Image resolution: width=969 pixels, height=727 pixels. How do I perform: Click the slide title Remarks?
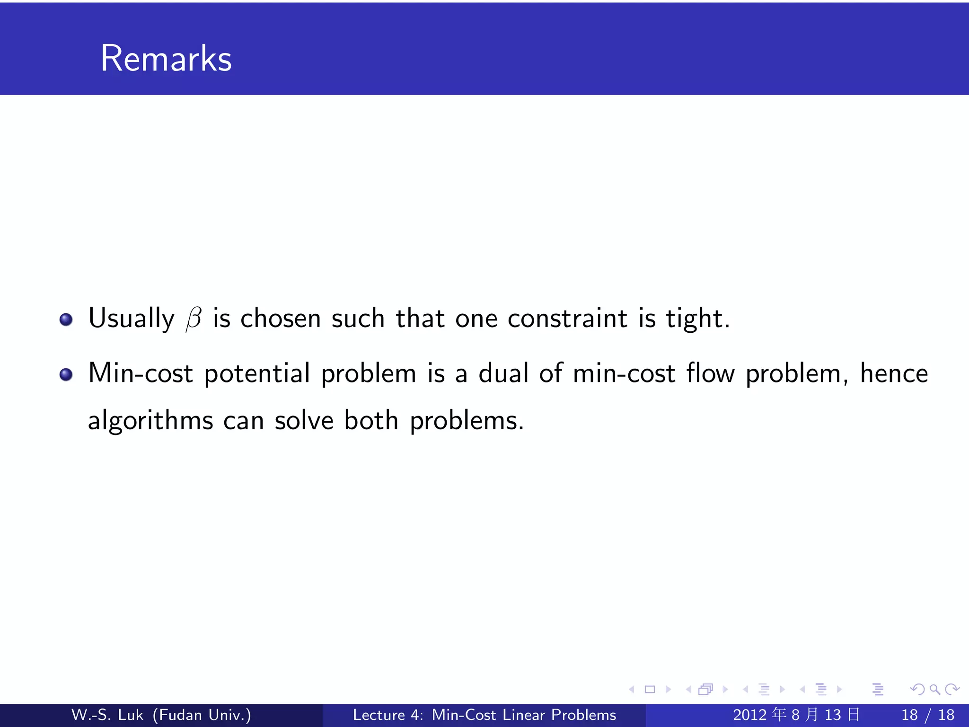pos(166,58)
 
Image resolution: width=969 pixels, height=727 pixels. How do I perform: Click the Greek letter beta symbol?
pos(194,318)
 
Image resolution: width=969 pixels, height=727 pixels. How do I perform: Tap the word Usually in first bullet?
pos(131,319)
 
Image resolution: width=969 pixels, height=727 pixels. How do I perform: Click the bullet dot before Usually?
pos(66,319)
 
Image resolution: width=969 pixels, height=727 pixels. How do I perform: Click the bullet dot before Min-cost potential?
pos(66,375)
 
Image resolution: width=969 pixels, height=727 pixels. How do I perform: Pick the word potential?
pos(257,374)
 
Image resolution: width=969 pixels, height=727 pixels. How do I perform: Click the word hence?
pos(894,373)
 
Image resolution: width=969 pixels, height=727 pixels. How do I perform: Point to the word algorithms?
pos(150,421)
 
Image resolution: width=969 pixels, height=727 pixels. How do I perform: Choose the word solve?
pos(304,420)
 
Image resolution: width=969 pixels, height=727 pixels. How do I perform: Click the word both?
pos(371,420)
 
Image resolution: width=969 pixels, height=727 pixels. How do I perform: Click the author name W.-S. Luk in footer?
pos(107,715)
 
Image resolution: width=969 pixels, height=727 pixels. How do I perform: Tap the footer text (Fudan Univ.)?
pos(202,715)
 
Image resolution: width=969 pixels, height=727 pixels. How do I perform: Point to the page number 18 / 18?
pos(928,715)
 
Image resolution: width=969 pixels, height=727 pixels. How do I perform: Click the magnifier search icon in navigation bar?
pos(934,689)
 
